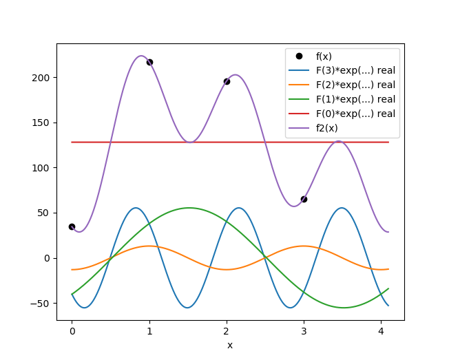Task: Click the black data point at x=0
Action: click(x=72, y=226)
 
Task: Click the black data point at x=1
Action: click(x=149, y=62)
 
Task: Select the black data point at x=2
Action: click(x=227, y=81)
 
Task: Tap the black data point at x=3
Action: click(x=304, y=199)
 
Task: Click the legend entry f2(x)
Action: click(x=326, y=127)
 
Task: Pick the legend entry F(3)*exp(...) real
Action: click(x=355, y=70)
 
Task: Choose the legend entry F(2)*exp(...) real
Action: click(x=355, y=85)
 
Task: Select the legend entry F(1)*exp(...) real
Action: click(x=355, y=99)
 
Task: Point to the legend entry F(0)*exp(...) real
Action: click(x=355, y=113)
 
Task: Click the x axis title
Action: click(x=230, y=345)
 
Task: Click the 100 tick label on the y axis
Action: click(x=43, y=168)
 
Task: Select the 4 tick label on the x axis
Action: click(x=381, y=331)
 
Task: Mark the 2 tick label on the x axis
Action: click(x=227, y=331)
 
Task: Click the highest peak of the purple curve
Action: click(x=140, y=56)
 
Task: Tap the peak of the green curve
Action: click(x=189, y=208)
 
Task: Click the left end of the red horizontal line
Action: click(x=72, y=142)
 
